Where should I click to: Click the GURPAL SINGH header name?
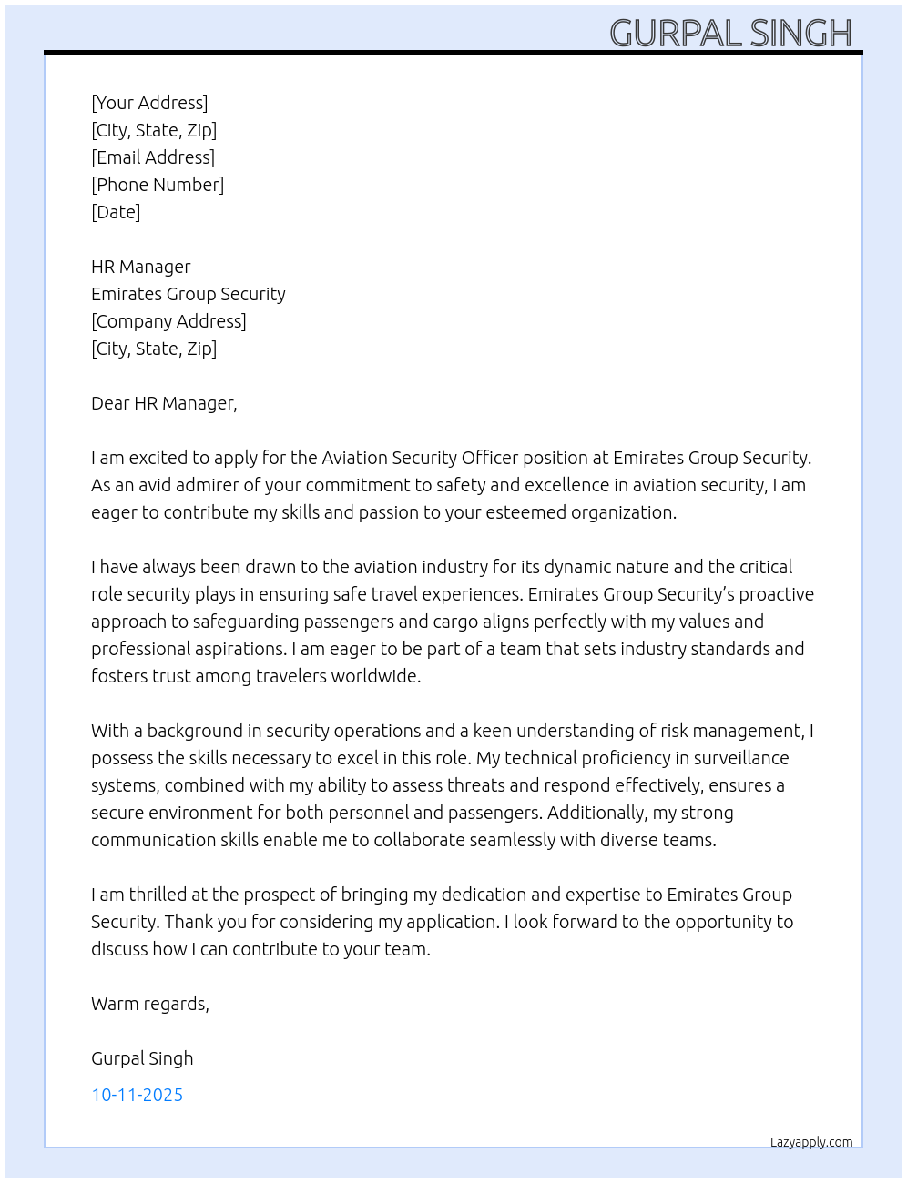pos(730,34)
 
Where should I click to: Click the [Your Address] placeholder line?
pos(149,103)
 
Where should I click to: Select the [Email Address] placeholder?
pos(153,157)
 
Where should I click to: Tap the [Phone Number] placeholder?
pos(158,185)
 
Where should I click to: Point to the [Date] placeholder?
pos(116,212)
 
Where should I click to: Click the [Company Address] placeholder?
pos(168,321)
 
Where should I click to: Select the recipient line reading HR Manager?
pos(141,267)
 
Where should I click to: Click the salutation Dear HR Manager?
pos(164,403)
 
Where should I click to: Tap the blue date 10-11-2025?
pos(138,1095)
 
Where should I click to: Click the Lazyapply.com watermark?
pos(811,1142)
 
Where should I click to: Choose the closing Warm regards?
pos(150,1004)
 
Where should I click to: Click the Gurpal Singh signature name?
pos(142,1058)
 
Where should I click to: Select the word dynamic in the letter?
pos(577,567)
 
